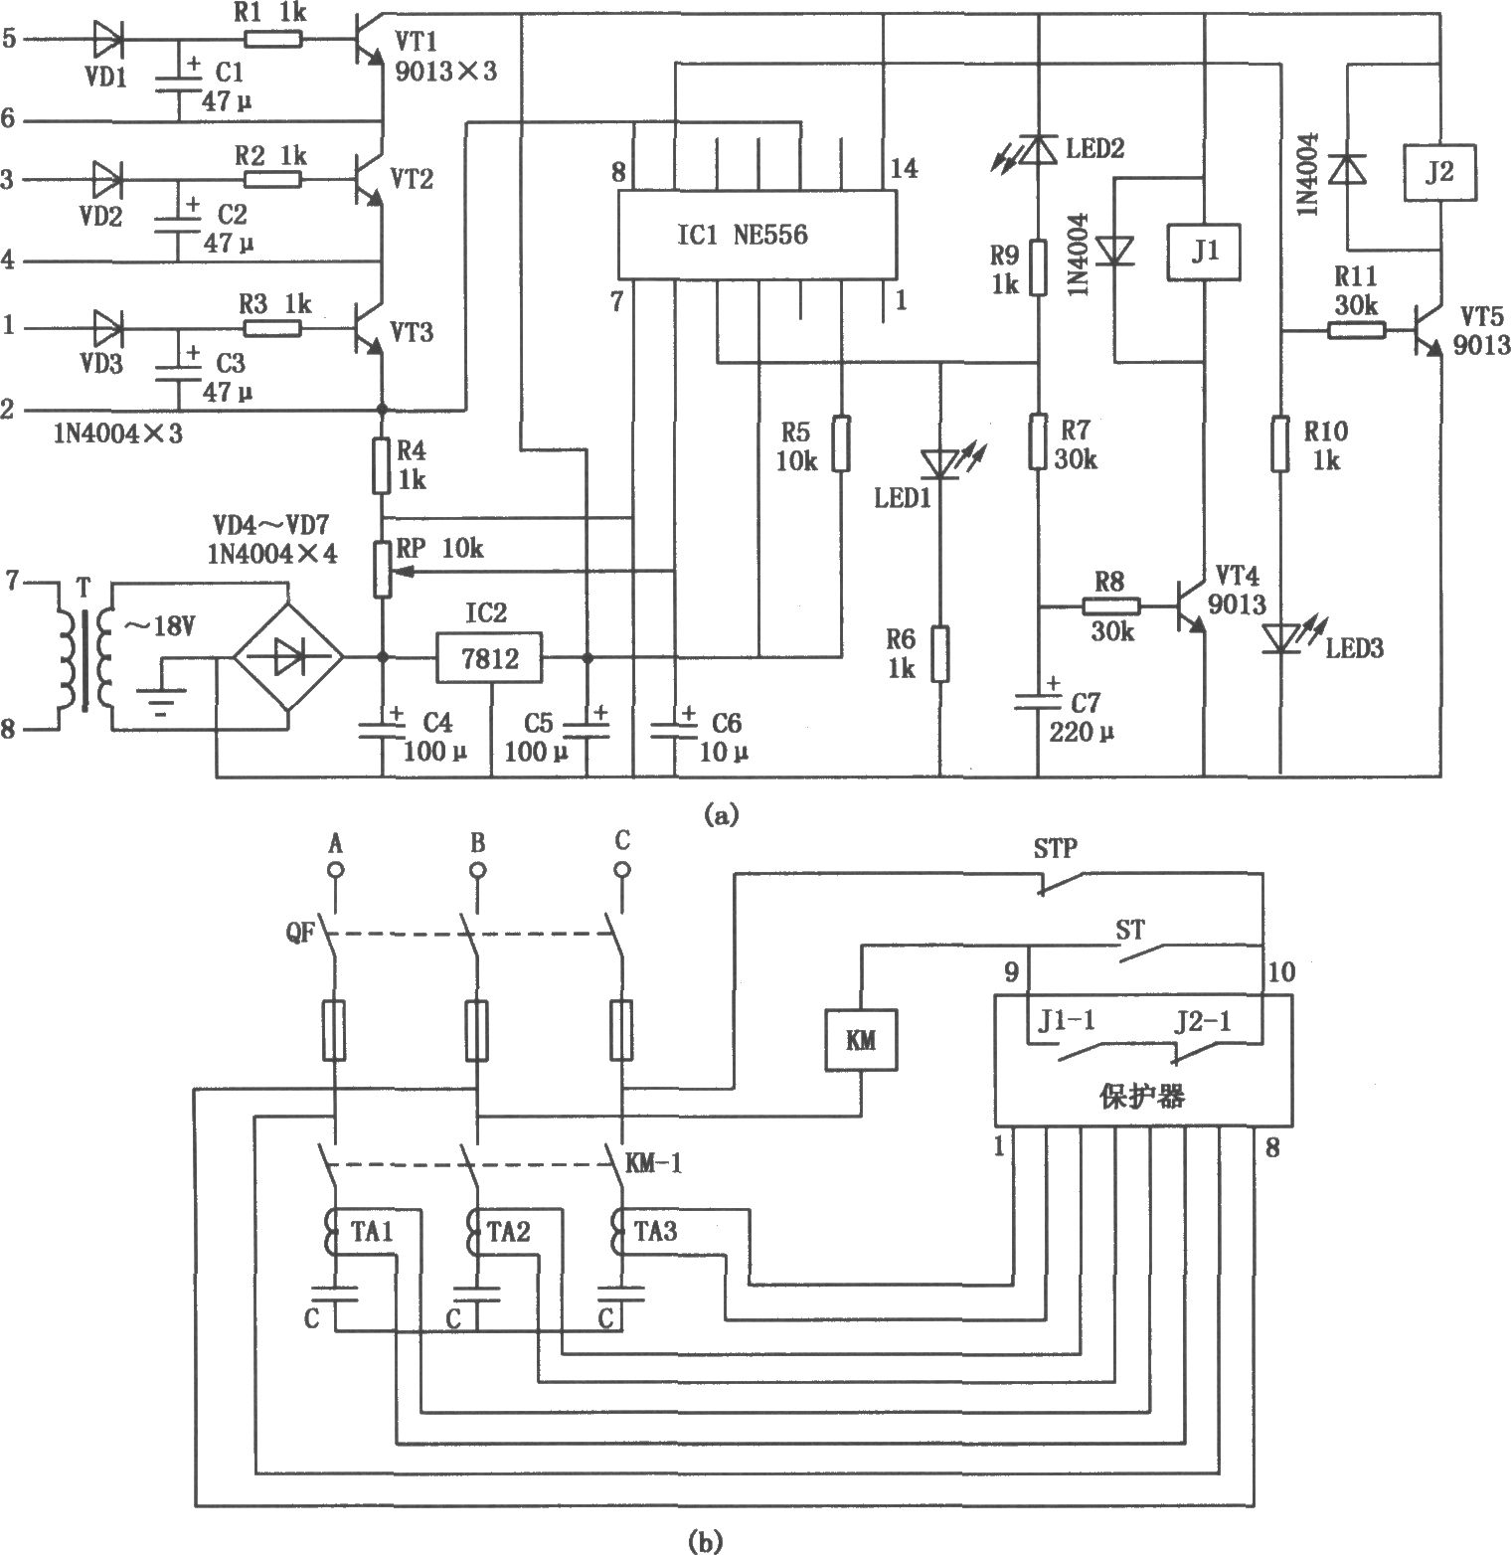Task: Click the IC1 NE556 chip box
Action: pyautogui.click(x=757, y=235)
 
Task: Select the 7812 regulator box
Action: pyautogui.click(x=489, y=657)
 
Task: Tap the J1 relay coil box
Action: pyautogui.click(x=1205, y=254)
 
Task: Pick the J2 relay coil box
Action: pyautogui.click(x=1438, y=172)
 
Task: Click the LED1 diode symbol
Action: pyautogui.click(x=940, y=463)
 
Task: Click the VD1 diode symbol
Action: pyautogui.click(x=107, y=40)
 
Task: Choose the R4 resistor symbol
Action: pyautogui.click(x=382, y=466)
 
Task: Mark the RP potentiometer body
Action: pyautogui.click(x=382, y=568)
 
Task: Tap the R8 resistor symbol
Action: pyautogui.click(x=1110, y=606)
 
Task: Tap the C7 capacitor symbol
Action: pyautogui.click(x=1037, y=700)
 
